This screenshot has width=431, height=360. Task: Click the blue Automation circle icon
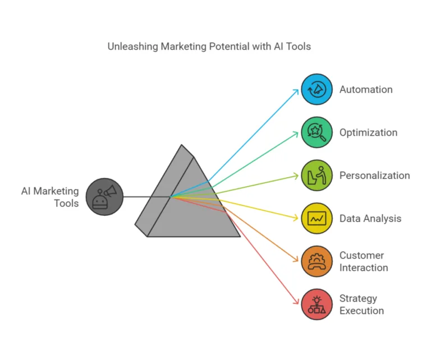pos(317,89)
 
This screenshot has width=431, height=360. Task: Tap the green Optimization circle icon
pos(317,132)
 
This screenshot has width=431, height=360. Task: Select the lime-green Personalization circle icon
pos(317,175)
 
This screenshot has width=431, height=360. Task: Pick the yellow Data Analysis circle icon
pos(317,218)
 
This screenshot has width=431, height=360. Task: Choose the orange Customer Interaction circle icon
pos(317,261)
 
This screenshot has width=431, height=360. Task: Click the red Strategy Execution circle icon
pos(317,304)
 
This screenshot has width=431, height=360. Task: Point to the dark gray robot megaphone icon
pos(104,197)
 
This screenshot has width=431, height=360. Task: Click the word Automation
pos(366,90)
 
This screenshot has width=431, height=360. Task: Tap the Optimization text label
pos(368,133)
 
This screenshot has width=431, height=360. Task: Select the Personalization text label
pos(375,176)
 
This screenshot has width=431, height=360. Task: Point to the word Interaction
pos(364,267)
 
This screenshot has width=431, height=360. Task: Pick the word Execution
pos(361,311)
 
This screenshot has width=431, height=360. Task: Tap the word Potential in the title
pos(229,47)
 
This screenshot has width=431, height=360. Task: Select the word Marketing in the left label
pos(56,191)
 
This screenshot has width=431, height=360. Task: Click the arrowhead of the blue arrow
pos(297,90)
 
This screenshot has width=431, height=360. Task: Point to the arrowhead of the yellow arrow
pos(297,218)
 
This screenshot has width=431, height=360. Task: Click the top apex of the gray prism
pos(181,145)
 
